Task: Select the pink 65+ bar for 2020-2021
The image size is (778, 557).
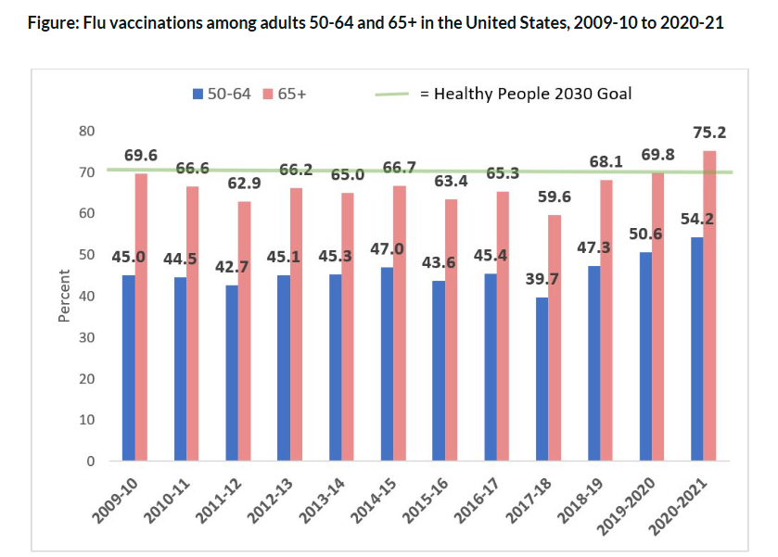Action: pyautogui.click(x=709, y=306)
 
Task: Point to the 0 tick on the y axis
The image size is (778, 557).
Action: pyautogui.click(x=91, y=462)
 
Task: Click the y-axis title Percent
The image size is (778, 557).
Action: pyautogui.click(x=64, y=296)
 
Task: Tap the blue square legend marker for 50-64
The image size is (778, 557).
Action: pyautogui.click(x=197, y=94)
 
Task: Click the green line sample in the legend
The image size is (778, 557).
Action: pyautogui.click(x=393, y=94)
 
